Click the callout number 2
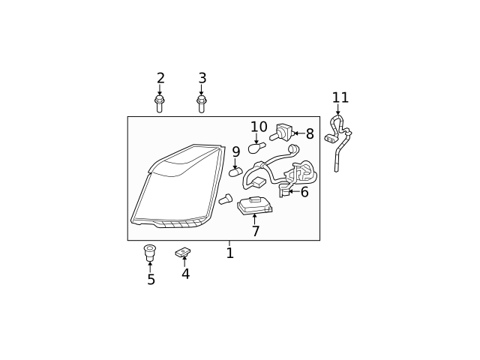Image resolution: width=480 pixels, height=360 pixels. point(160,79)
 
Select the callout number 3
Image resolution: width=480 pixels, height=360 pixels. point(202,79)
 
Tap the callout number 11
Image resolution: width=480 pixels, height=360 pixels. point(340,98)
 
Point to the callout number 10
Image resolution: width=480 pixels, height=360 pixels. point(259,127)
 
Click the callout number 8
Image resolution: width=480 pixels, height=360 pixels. point(310,134)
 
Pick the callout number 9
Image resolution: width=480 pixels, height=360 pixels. point(235,152)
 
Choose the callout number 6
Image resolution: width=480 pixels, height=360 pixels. point(304,193)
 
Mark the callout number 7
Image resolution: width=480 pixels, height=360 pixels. point(256,232)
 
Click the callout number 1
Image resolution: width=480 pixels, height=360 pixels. point(229,253)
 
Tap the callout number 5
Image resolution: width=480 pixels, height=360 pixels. point(151,280)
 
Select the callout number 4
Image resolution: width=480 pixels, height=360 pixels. point(185,274)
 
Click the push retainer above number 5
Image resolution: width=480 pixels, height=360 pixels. point(150,252)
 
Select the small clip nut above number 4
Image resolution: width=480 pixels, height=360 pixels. point(183,253)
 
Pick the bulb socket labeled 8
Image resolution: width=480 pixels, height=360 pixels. point(282,133)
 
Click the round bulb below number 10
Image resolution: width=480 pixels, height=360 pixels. point(256,148)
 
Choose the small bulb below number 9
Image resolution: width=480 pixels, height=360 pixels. point(235,172)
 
